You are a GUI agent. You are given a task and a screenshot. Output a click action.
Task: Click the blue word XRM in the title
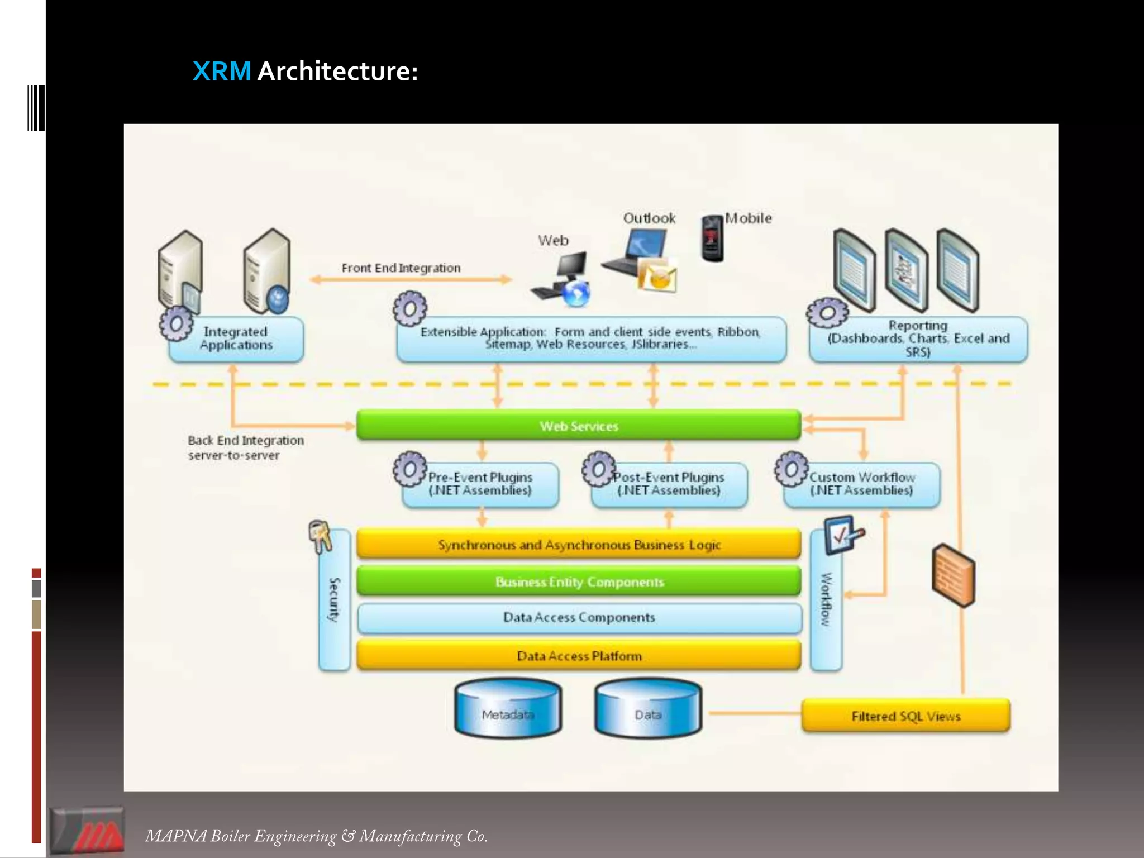point(222,71)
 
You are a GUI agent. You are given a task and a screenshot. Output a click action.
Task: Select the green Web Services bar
point(579,426)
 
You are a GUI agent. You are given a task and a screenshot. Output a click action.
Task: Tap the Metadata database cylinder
point(508,709)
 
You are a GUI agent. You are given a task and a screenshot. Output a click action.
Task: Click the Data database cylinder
point(648,709)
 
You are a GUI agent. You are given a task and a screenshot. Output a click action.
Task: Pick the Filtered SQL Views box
point(905,716)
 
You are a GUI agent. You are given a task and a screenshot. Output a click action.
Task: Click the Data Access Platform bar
point(579,655)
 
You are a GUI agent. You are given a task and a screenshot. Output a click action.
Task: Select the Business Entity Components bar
point(579,581)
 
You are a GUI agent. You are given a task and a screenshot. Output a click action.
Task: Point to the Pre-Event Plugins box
point(480,484)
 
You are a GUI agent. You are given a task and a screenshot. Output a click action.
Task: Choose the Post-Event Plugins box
point(669,484)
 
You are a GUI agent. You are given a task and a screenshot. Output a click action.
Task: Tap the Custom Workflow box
point(862,484)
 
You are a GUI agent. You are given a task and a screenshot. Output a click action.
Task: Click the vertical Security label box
point(334,600)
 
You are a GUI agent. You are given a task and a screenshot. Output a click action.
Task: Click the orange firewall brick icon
point(953,575)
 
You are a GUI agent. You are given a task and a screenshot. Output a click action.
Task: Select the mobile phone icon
point(712,239)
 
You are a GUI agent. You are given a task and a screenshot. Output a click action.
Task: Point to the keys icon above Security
point(320,536)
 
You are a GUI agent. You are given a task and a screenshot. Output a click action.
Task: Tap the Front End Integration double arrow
point(411,279)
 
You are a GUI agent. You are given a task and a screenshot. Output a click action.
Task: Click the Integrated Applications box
point(236,339)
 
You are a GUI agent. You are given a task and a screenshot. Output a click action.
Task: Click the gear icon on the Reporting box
point(827,312)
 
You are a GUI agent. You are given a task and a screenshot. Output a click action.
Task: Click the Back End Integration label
point(246,447)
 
